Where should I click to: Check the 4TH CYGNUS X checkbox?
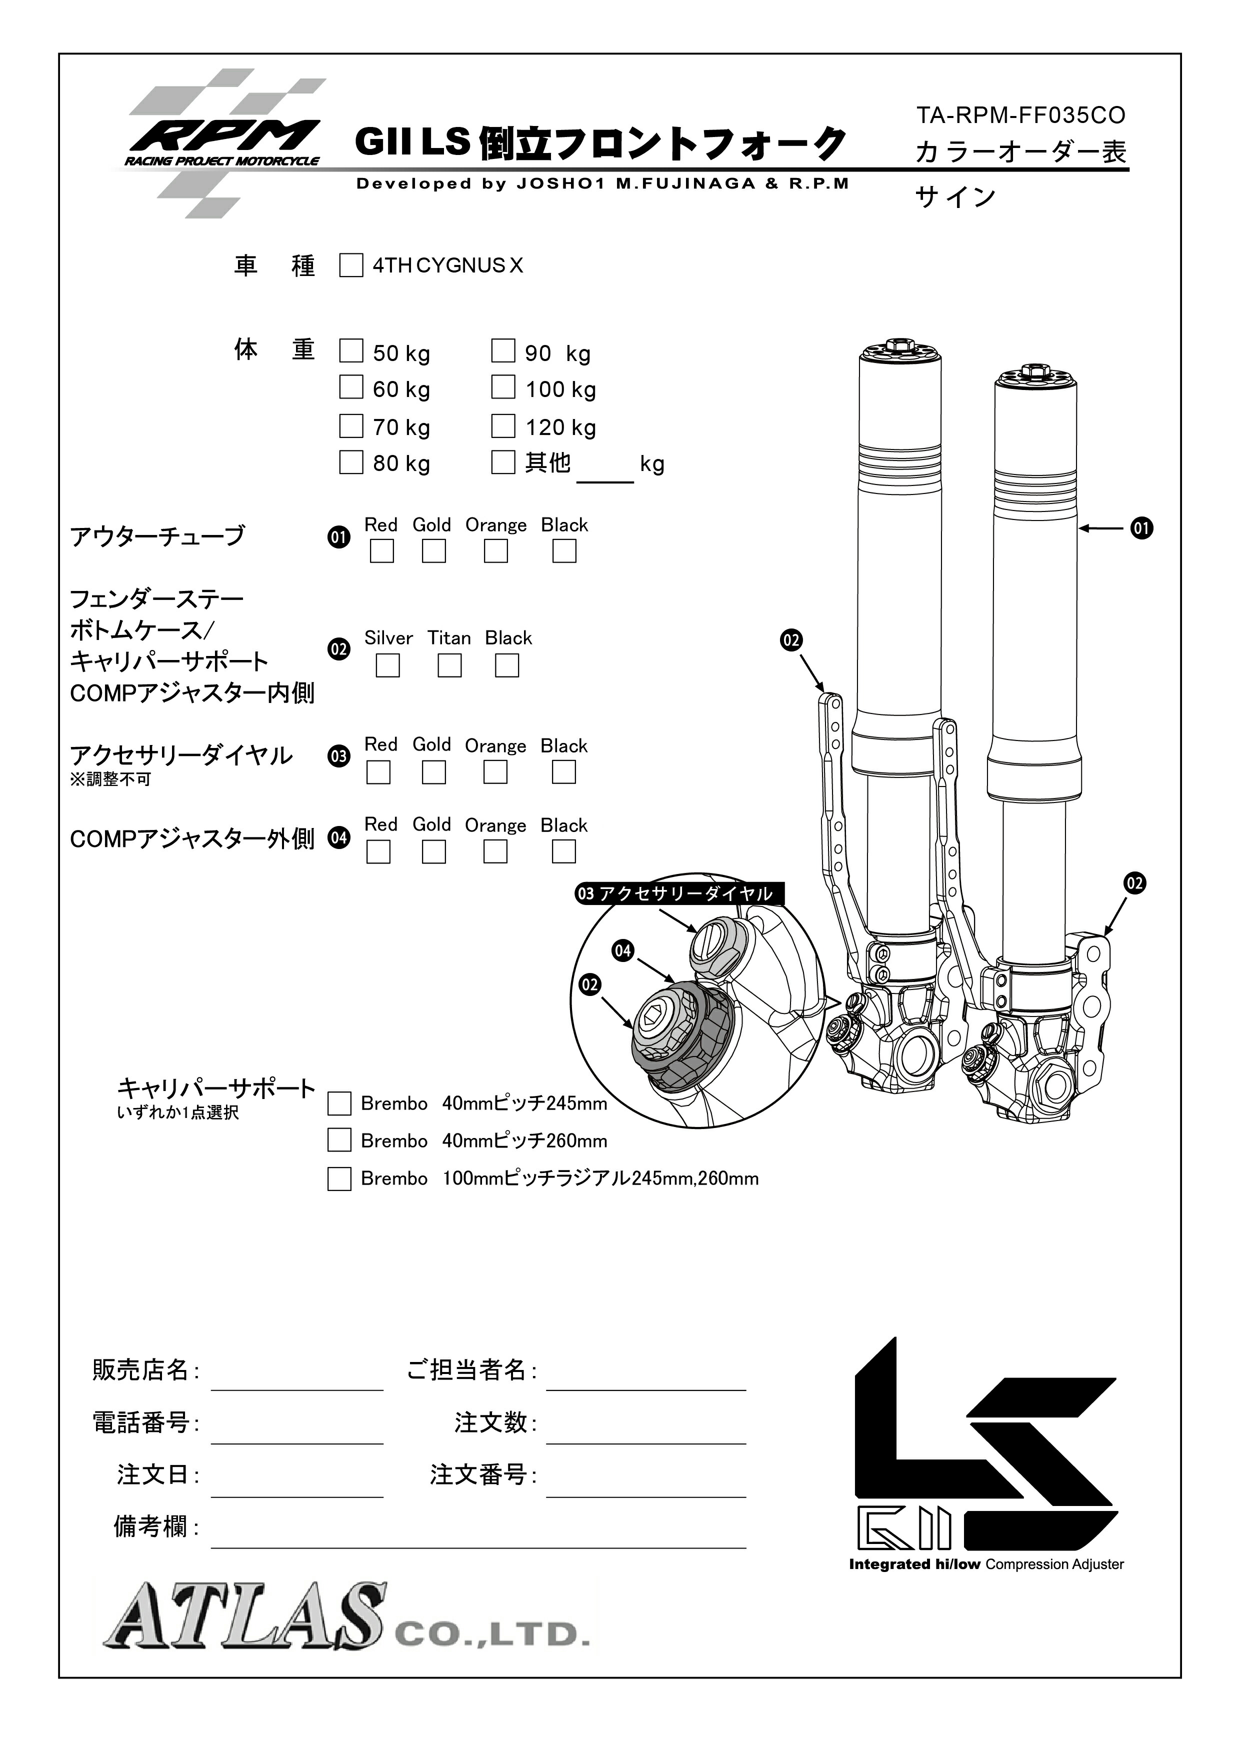tap(350, 266)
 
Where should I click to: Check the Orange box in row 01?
tap(496, 551)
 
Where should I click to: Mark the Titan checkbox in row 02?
tap(449, 665)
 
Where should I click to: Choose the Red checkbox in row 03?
tap(378, 772)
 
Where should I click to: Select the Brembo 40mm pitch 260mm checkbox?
tap(339, 1140)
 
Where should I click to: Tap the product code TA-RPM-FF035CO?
tap(1020, 115)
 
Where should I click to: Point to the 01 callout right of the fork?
tap(1141, 528)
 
